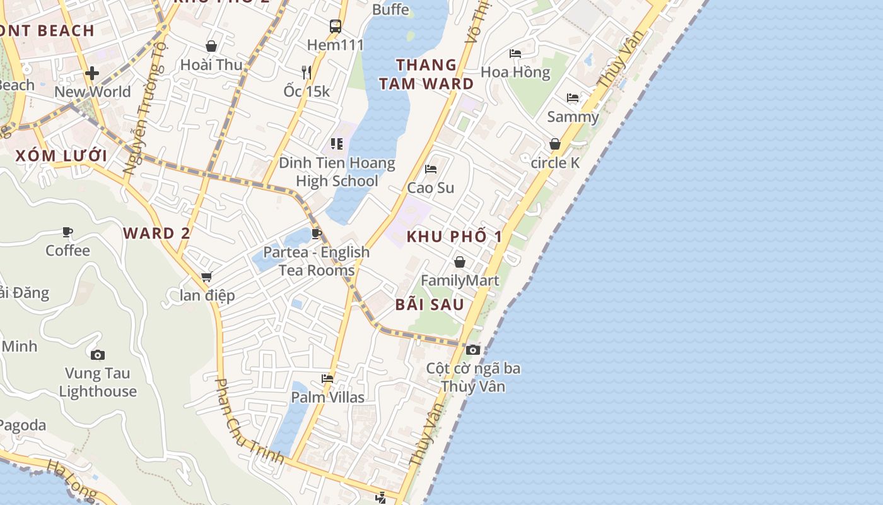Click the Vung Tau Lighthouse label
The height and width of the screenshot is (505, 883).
(98, 383)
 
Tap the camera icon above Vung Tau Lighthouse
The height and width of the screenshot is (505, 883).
(98, 355)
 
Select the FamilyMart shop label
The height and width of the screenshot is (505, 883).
(460, 280)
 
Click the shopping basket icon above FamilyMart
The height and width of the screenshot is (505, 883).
(460, 262)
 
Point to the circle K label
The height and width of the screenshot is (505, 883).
(555, 163)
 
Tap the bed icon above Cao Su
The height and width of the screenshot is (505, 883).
(431, 169)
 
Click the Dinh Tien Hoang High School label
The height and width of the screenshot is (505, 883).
(337, 172)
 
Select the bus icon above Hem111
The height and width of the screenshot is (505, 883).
(336, 27)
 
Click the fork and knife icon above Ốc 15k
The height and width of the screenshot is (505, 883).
(307, 73)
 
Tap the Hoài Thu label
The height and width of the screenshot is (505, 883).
(211, 65)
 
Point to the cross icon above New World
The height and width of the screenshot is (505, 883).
(92, 74)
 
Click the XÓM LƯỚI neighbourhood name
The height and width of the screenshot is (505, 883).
(61, 156)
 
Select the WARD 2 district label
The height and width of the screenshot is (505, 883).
(156, 233)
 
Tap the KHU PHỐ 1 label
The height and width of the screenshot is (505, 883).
(454, 237)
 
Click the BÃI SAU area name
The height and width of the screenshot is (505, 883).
(430, 304)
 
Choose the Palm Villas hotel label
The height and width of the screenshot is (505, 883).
(327, 397)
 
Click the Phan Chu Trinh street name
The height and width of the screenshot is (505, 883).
(249, 421)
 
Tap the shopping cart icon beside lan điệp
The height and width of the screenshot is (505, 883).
(206, 276)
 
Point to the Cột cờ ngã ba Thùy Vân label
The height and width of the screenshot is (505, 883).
(473, 377)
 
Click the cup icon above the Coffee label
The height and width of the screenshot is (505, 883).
(67, 232)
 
